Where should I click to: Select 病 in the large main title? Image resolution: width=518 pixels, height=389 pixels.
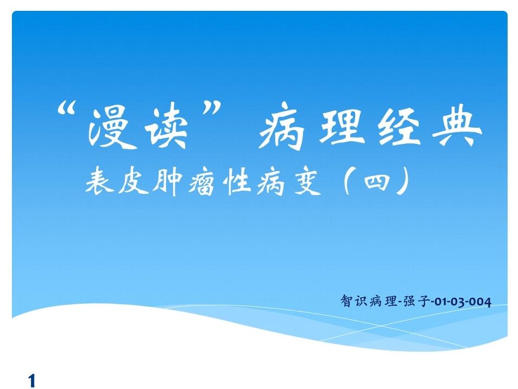(x=281, y=128)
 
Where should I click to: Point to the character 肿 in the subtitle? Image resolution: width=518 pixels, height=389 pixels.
(x=167, y=181)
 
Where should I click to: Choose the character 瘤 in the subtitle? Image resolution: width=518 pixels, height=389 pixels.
(x=201, y=181)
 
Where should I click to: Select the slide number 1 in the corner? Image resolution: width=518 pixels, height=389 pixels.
(x=31, y=380)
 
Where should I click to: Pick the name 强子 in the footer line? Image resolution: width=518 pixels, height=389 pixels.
(x=416, y=301)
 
